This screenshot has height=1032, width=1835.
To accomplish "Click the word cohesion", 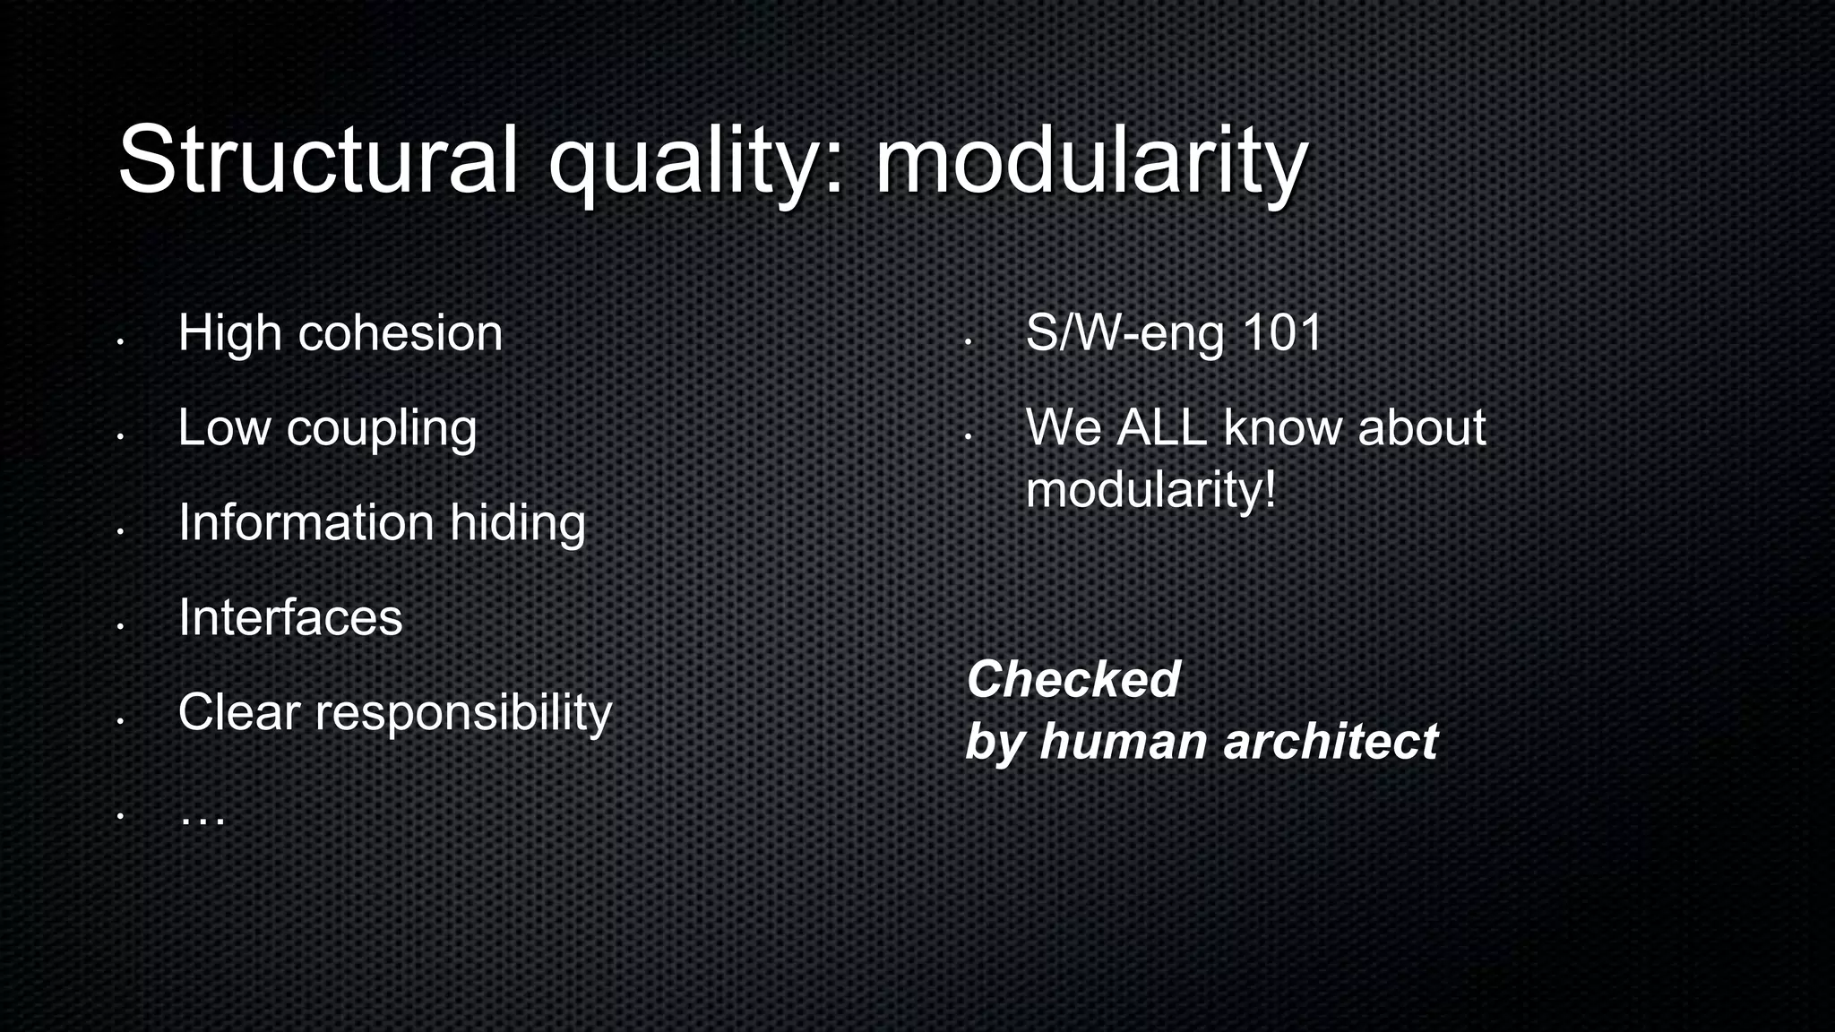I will [400, 333].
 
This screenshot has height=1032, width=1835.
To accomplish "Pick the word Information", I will [306, 522].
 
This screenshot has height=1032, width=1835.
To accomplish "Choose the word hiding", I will [517, 523].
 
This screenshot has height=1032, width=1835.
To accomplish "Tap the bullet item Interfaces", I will [290, 617].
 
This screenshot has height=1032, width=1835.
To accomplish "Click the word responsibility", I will [463, 713].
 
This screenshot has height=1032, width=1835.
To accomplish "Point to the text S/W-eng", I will [1124, 333].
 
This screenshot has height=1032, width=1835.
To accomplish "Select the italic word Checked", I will [1073, 679].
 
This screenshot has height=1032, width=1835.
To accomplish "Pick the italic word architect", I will [1330, 742].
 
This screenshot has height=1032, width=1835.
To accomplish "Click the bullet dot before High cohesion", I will [119, 342].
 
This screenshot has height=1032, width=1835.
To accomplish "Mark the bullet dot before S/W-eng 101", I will [968, 342].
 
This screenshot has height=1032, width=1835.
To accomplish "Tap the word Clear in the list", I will [238, 712].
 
